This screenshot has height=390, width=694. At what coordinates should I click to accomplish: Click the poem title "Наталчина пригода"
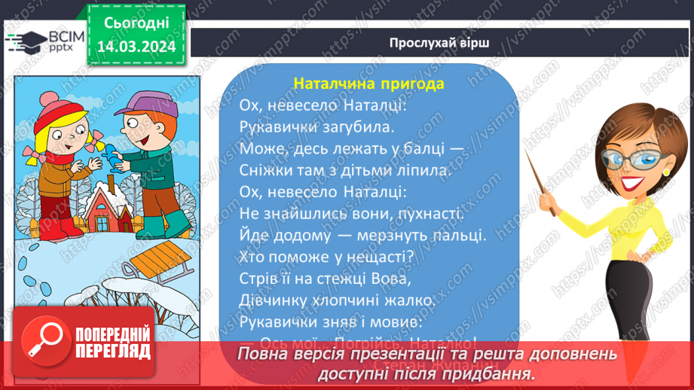pyautogui.click(x=368, y=83)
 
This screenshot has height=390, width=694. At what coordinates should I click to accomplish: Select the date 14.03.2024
pyautogui.click(x=136, y=47)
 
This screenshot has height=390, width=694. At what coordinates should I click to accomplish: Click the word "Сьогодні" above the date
pyautogui.click(x=136, y=23)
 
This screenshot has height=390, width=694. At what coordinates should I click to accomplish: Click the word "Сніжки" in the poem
pyautogui.click(x=263, y=170)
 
